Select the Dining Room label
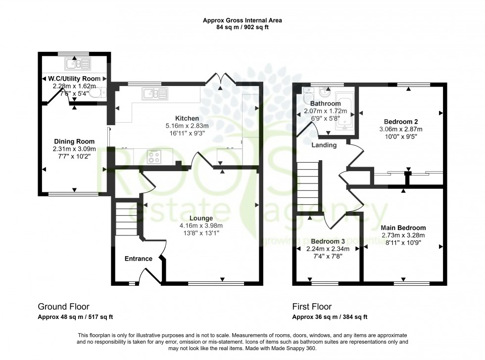74,141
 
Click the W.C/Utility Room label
74,79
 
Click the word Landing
324,145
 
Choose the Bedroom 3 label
329,242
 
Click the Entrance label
139,259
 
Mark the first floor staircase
309,188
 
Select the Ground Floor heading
64,307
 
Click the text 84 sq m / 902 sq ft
242,28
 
